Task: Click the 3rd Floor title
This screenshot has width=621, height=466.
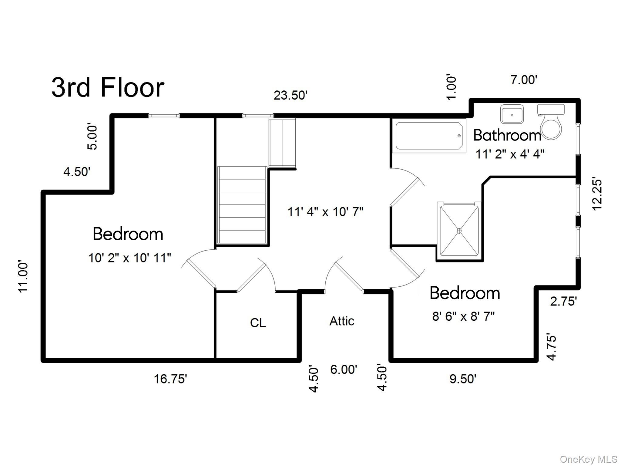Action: (108, 88)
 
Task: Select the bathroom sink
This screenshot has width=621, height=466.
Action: (512, 114)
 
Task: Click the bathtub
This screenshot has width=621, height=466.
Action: (429, 136)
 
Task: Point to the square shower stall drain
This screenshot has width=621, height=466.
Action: (459, 231)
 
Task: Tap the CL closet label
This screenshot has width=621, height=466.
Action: (258, 323)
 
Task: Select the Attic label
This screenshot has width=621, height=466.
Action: (342, 321)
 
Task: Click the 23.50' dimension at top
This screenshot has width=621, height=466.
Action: (290, 95)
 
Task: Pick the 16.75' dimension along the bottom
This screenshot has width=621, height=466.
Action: (170, 379)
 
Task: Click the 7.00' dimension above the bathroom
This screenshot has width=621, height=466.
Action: (524, 80)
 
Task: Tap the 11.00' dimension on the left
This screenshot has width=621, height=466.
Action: (23, 276)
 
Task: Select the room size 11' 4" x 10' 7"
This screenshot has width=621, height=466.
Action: (325, 212)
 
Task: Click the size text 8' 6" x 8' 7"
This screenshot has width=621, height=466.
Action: (463, 316)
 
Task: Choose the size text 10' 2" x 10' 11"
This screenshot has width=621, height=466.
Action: (130, 258)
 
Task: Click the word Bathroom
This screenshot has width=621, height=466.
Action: (507, 135)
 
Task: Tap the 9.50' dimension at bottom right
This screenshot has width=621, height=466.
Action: (463, 379)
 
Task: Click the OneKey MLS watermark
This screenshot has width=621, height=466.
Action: (588, 459)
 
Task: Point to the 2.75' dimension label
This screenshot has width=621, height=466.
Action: (563, 301)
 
